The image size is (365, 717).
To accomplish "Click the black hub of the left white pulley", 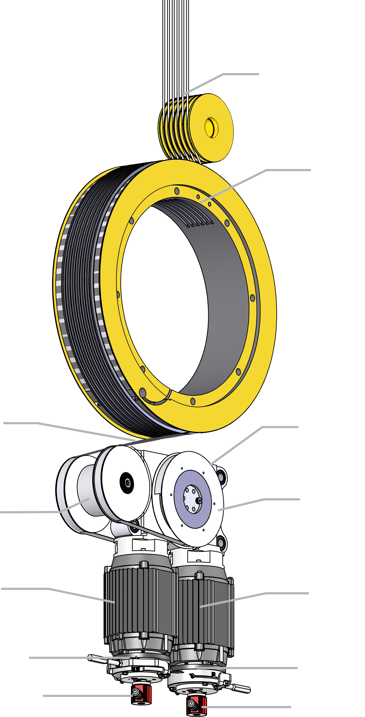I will click(x=127, y=483).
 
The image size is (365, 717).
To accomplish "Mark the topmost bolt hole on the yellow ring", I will click(x=177, y=191).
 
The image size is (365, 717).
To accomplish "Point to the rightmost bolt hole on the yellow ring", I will click(x=253, y=298).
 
